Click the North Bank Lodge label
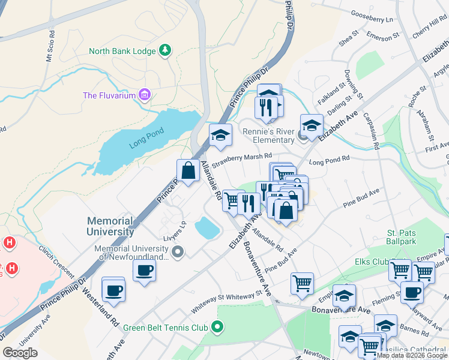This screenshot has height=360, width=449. pyautogui.click(x=122, y=51)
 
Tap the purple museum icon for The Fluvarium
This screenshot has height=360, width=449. pyautogui.click(x=144, y=95)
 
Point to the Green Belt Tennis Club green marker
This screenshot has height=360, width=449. pyautogui.click(x=217, y=328)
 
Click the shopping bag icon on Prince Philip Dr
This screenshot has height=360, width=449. pyautogui.click(x=188, y=170)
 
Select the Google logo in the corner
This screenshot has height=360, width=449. pyautogui.click(x=20, y=353)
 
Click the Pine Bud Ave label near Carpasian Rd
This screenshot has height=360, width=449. pyautogui.click(x=361, y=200)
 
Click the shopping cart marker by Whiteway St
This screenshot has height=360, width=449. pyautogui.click(x=302, y=283)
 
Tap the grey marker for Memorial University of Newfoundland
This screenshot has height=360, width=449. pyautogui.click(x=178, y=253)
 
